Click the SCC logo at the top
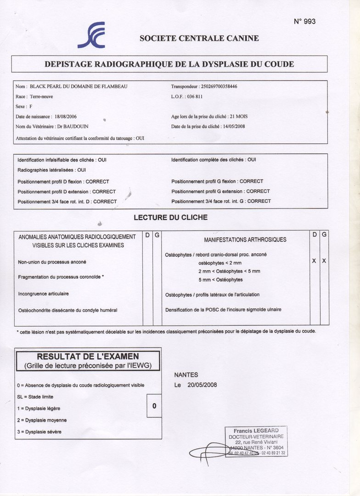point(92,35)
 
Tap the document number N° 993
point(304,22)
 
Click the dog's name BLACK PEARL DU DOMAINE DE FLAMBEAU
point(79,86)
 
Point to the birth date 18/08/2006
point(65,117)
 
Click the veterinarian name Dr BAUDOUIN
point(72,127)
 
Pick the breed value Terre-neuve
point(42,96)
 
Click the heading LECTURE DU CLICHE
point(170,217)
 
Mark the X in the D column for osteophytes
point(314,261)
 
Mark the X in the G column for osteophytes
point(324,261)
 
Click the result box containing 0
point(154,406)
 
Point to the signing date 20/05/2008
point(202,385)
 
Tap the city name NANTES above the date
point(186,375)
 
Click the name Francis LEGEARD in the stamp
point(256,431)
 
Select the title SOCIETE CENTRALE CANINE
point(199,39)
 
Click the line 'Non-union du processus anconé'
point(52,262)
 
